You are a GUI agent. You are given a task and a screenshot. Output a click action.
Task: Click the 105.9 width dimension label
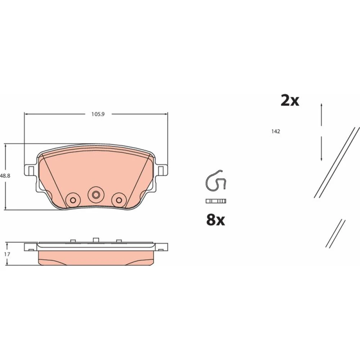click(98, 114)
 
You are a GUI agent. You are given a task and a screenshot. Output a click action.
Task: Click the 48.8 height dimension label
click(5, 176)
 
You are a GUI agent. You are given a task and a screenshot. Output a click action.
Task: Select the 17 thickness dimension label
click(7, 254)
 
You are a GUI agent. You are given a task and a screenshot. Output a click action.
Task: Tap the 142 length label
click(275, 131)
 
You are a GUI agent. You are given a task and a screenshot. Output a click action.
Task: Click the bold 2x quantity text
click(290, 100)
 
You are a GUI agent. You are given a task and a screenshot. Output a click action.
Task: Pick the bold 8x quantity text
click(216, 220)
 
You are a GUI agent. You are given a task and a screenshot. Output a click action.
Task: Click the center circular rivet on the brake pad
click(96, 195)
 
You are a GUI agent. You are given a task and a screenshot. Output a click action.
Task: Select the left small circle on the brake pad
click(73, 200)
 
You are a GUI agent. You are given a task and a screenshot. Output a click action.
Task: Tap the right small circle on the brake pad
click(119, 200)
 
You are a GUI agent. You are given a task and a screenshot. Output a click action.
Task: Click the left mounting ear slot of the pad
click(31, 171)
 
